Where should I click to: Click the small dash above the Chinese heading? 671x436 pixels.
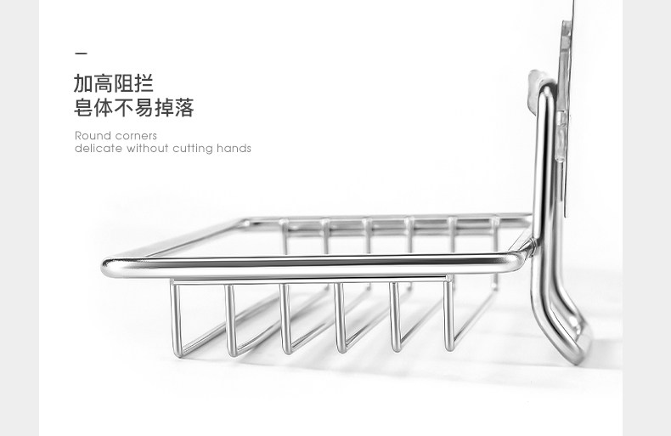click(81, 53)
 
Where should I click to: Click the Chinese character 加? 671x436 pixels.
click(84, 84)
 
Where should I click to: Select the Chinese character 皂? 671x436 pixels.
click(84, 109)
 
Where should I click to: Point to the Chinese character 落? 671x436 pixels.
click(184, 109)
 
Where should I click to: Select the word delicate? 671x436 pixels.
click(99, 149)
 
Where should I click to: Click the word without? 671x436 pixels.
click(148, 149)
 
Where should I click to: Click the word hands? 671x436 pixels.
click(234, 149)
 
